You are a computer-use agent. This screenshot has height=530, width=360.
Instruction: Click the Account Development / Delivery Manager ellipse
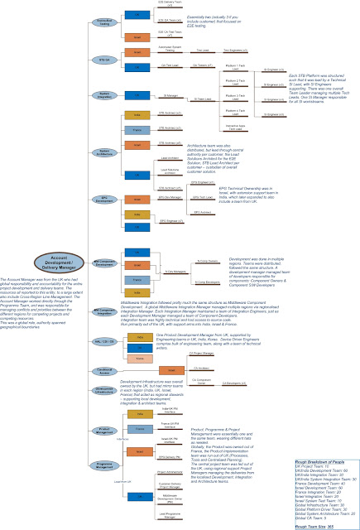pyautogui.click(x=55, y=258)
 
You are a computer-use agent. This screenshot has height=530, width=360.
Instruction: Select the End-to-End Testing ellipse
pyautogui.click(x=104, y=22)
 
